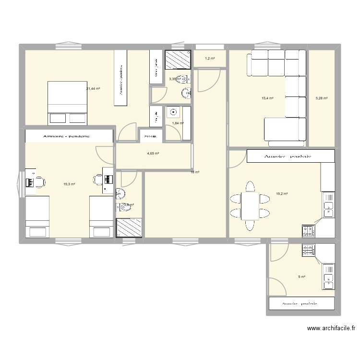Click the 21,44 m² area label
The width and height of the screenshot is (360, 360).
93,89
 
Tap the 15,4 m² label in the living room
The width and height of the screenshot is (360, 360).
267,98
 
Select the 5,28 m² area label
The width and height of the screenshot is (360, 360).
321,98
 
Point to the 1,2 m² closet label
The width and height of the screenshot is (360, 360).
210,59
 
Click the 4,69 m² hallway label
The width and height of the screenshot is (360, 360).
153,154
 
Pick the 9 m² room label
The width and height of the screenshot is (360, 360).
302,276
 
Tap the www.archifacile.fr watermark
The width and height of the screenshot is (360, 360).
331,329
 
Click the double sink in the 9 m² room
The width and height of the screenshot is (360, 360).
329,276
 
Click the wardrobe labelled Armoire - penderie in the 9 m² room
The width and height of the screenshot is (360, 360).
301,303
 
